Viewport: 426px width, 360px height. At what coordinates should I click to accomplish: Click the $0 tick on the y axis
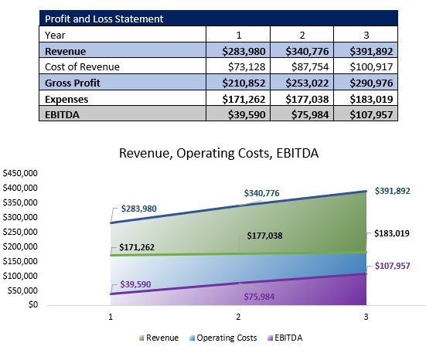click(30, 304)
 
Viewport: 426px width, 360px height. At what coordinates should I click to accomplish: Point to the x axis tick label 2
click(238, 317)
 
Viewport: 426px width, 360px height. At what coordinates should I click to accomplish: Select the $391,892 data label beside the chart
click(394, 191)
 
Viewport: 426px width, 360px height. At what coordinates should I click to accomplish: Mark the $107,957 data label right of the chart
click(394, 266)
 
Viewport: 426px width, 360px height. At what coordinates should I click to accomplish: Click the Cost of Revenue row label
click(82, 67)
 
